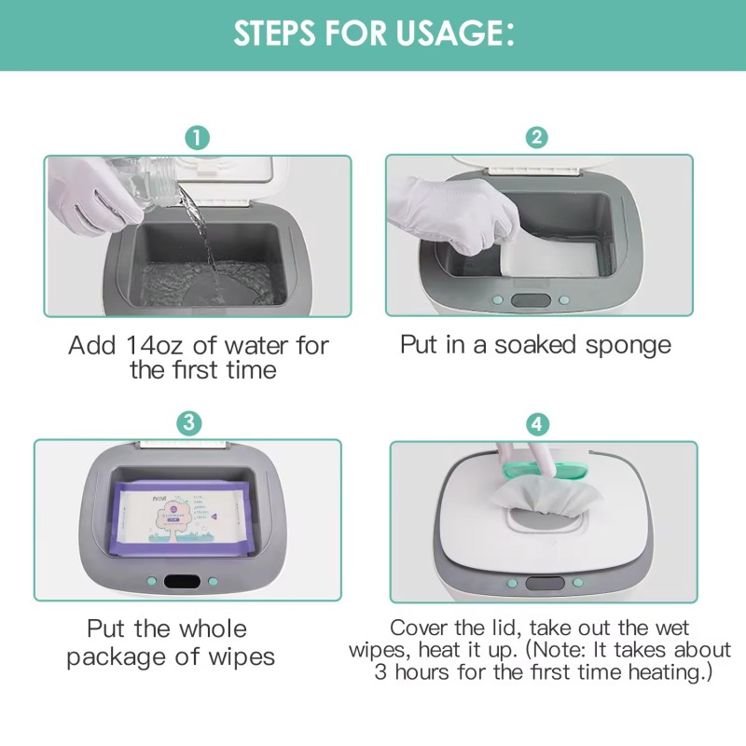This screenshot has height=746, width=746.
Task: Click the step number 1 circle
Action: [x=196, y=137]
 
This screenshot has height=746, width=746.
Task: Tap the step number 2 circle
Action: [x=537, y=137]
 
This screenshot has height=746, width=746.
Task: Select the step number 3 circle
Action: [x=189, y=421]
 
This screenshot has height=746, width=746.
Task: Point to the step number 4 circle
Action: [x=538, y=424]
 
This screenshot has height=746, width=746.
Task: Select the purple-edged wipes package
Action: [x=182, y=518]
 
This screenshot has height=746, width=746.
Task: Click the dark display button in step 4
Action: [x=539, y=584]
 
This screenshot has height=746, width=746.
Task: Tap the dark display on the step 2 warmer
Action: [x=530, y=302]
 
